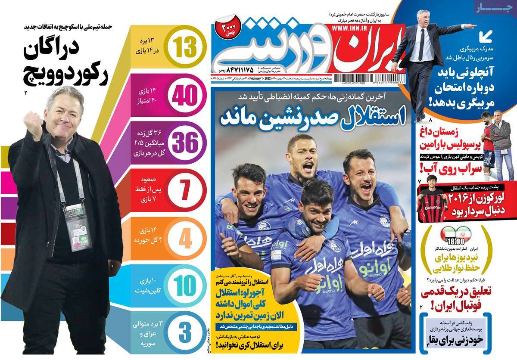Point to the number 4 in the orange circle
click(184, 239)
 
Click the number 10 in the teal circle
click(184, 286)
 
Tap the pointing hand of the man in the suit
click(473, 25)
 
